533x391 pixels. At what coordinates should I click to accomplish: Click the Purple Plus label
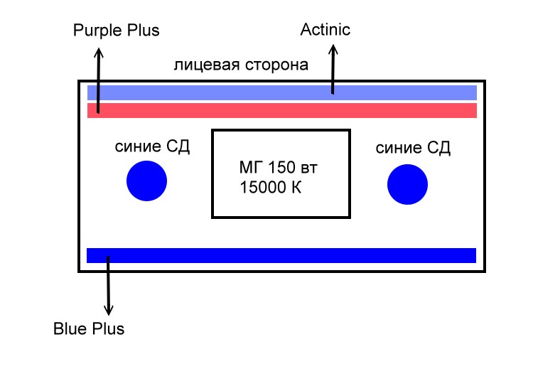click(117, 31)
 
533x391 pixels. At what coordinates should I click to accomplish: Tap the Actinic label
click(325, 30)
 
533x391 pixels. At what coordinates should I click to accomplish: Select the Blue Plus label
click(89, 329)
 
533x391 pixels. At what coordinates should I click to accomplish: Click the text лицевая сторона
click(241, 65)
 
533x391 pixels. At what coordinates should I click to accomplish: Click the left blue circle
click(146, 181)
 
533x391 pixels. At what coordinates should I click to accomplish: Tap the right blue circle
click(407, 184)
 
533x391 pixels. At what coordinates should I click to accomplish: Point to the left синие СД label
click(152, 147)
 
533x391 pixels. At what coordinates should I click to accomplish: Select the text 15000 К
click(272, 189)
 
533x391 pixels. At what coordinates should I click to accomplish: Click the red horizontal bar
click(281, 111)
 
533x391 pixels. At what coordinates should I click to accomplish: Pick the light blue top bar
click(281, 92)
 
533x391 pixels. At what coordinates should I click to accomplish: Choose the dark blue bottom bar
click(281, 255)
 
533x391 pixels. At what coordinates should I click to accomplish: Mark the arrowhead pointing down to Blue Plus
click(108, 311)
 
